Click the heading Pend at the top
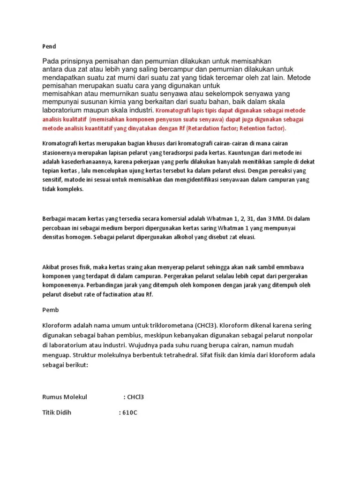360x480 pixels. point(49,46)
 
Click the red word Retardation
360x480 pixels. point(208,128)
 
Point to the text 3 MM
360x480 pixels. point(272,219)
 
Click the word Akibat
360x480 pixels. point(52,267)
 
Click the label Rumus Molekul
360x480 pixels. point(65,397)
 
